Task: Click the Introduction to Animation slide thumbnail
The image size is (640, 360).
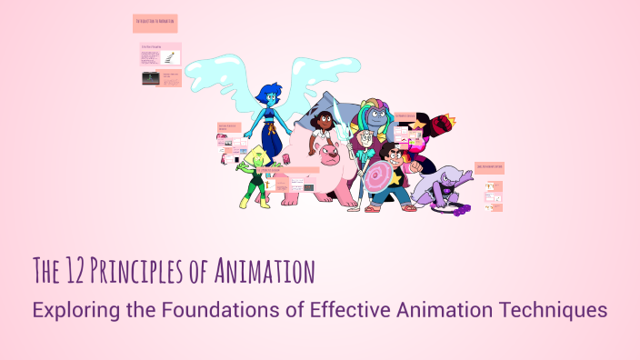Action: (x=155, y=23)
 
